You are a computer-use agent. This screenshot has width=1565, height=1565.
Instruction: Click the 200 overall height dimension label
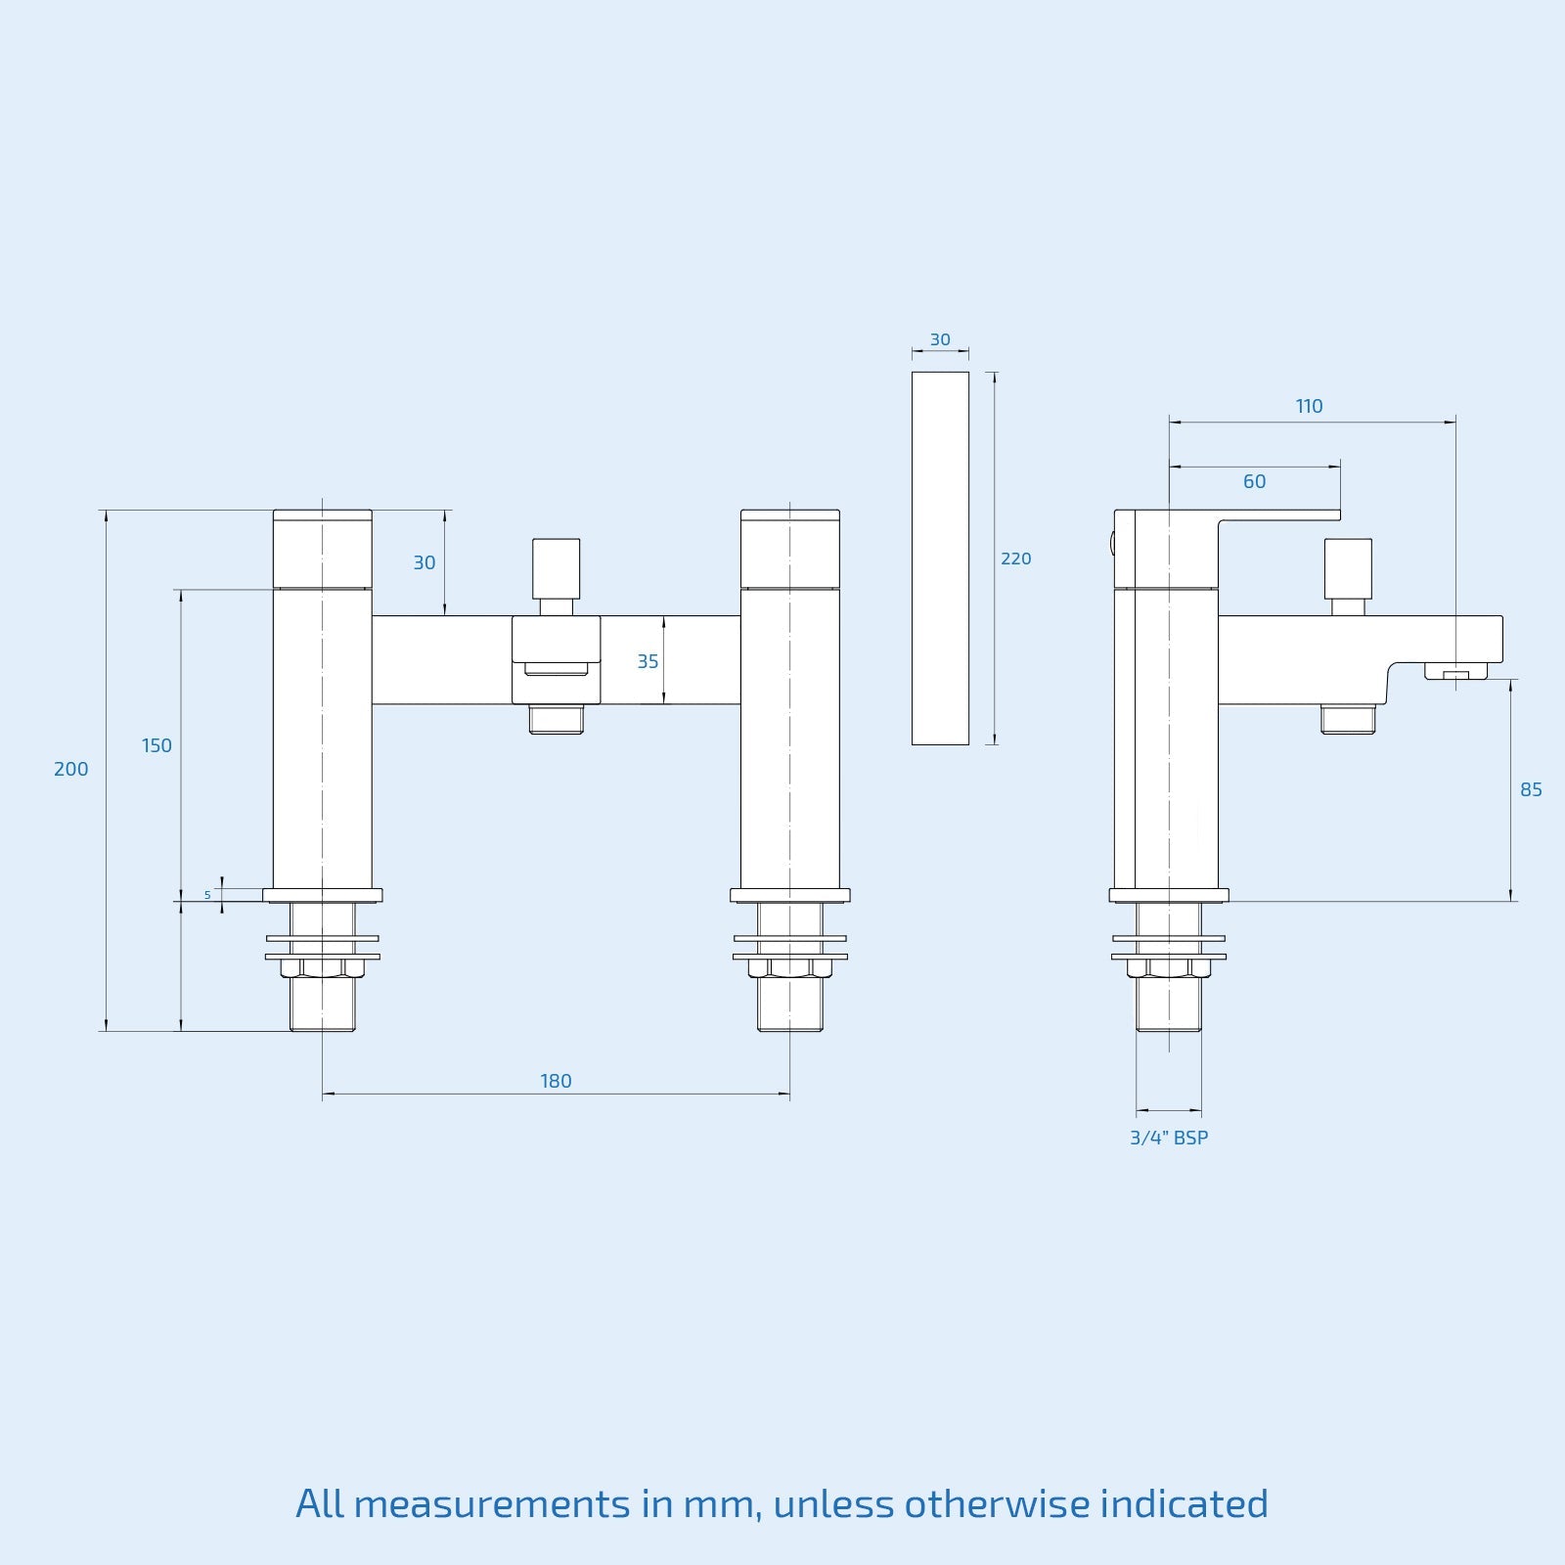point(71,770)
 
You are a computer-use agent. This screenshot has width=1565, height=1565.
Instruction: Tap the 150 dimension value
point(156,746)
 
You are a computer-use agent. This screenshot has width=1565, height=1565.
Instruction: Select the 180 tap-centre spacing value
point(556,1081)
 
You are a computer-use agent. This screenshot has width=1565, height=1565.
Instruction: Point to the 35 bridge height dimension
point(648,662)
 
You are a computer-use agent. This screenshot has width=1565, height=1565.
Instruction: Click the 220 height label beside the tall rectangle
point(1016,559)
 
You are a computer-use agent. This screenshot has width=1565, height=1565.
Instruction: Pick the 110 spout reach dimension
point(1309,406)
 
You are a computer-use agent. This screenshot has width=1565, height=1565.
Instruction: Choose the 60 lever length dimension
point(1254,481)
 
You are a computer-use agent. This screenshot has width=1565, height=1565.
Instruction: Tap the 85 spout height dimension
point(1531,789)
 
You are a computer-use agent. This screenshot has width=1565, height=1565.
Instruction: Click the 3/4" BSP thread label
point(1169,1138)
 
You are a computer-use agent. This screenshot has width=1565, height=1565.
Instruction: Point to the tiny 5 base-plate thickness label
point(207,895)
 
